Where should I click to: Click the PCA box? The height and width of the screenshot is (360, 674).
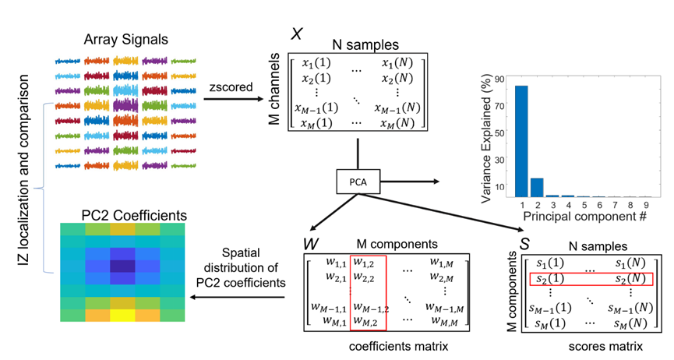pyautogui.click(x=358, y=182)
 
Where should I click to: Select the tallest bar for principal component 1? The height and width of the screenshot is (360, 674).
pyautogui.click(x=521, y=141)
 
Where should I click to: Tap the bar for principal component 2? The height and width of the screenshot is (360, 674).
pyautogui.click(x=537, y=188)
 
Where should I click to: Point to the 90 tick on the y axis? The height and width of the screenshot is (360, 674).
pyautogui.click(x=499, y=79)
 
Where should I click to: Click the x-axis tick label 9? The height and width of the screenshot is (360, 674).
pyautogui.click(x=646, y=205)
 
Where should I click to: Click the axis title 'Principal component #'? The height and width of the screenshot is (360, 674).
pyautogui.click(x=584, y=217)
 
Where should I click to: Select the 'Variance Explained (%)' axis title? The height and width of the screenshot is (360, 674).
pyautogui.click(x=485, y=139)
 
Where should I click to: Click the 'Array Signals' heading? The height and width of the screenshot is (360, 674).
pyautogui.click(x=126, y=40)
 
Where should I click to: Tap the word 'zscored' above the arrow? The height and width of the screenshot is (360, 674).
pyautogui.click(x=231, y=86)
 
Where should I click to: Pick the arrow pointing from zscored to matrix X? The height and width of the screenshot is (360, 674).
pyautogui.click(x=233, y=99)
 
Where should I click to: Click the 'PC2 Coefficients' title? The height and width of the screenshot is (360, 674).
pyautogui.click(x=134, y=216)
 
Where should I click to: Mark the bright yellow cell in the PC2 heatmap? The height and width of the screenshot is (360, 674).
pyautogui.click(x=122, y=316)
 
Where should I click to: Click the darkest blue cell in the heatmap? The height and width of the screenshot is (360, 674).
pyautogui.click(x=122, y=266)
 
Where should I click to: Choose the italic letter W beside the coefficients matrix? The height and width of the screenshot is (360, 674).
pyautogui.click(x=311, y=245)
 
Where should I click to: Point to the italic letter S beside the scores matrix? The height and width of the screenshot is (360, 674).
pyautogui.click(x=525, y=245)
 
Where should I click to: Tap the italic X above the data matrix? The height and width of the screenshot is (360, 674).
pyautogui.click(x=297, y=34)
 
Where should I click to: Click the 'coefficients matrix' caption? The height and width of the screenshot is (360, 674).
pyautogui.click(x=398, y=346)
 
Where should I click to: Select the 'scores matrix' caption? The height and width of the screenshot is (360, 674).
pyautogui.click(x=605, y=346)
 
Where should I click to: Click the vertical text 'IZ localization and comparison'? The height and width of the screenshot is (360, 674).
pyautogui.click(x=23, y=170)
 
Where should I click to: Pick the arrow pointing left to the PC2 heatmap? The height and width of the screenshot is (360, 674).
pyautogui.click(x=237, y=297)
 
